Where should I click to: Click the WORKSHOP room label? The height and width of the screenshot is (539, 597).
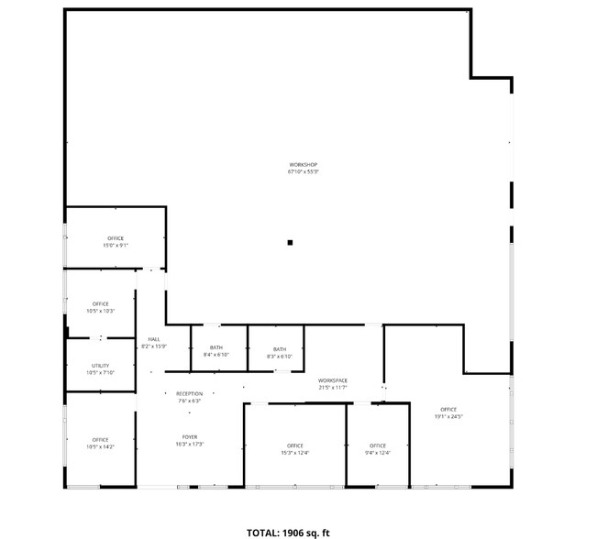pyautogui.click(x=303, y=165)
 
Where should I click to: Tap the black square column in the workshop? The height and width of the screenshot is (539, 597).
pyautogui.click(x=290, y=243)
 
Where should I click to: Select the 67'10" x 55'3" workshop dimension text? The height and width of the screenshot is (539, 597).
pyautogui.click(x=303, y=171)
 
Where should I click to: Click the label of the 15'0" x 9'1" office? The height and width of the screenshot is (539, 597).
pyautogui.click(x=115, y=238)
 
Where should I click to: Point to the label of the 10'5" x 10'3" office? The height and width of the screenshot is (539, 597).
pyautogui.click(x=100, y=304)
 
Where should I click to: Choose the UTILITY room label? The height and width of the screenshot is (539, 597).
pyautogui.click(x=100, y=366)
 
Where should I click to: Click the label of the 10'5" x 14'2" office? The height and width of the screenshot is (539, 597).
pyautogui.click(x=100, y=440)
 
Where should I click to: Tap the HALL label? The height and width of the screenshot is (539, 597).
pyautogui.click(x=153, y=339)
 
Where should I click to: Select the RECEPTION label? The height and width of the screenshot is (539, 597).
pyautogui.click(x=189, y=393)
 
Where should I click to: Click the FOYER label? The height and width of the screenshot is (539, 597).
pyautogui.click(x=189, y=437)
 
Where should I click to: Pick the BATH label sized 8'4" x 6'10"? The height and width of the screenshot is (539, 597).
pyautogui.click(x=216, y=347)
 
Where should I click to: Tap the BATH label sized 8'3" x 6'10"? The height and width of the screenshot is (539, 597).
pyautogui.click(x=279, y=348)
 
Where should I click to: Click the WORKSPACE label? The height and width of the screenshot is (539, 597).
pyautogui.click(x=332, y=380)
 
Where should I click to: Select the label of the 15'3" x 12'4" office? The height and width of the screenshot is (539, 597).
pyautogui.click(x=294, y=445)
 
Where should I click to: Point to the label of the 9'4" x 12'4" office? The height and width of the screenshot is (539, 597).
pyautogui.click(x=377, y=445)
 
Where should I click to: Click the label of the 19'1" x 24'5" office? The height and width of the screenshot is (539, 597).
pyautogui.click(x=448, y=410)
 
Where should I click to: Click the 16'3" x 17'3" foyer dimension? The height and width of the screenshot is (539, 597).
pyautogui.click(x=189, y=444)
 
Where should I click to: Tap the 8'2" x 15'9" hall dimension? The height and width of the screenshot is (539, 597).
pyautogui.click(x=153, y=346)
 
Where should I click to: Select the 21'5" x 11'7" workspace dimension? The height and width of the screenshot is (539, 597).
pyautogui.click(x=332, y=387)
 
